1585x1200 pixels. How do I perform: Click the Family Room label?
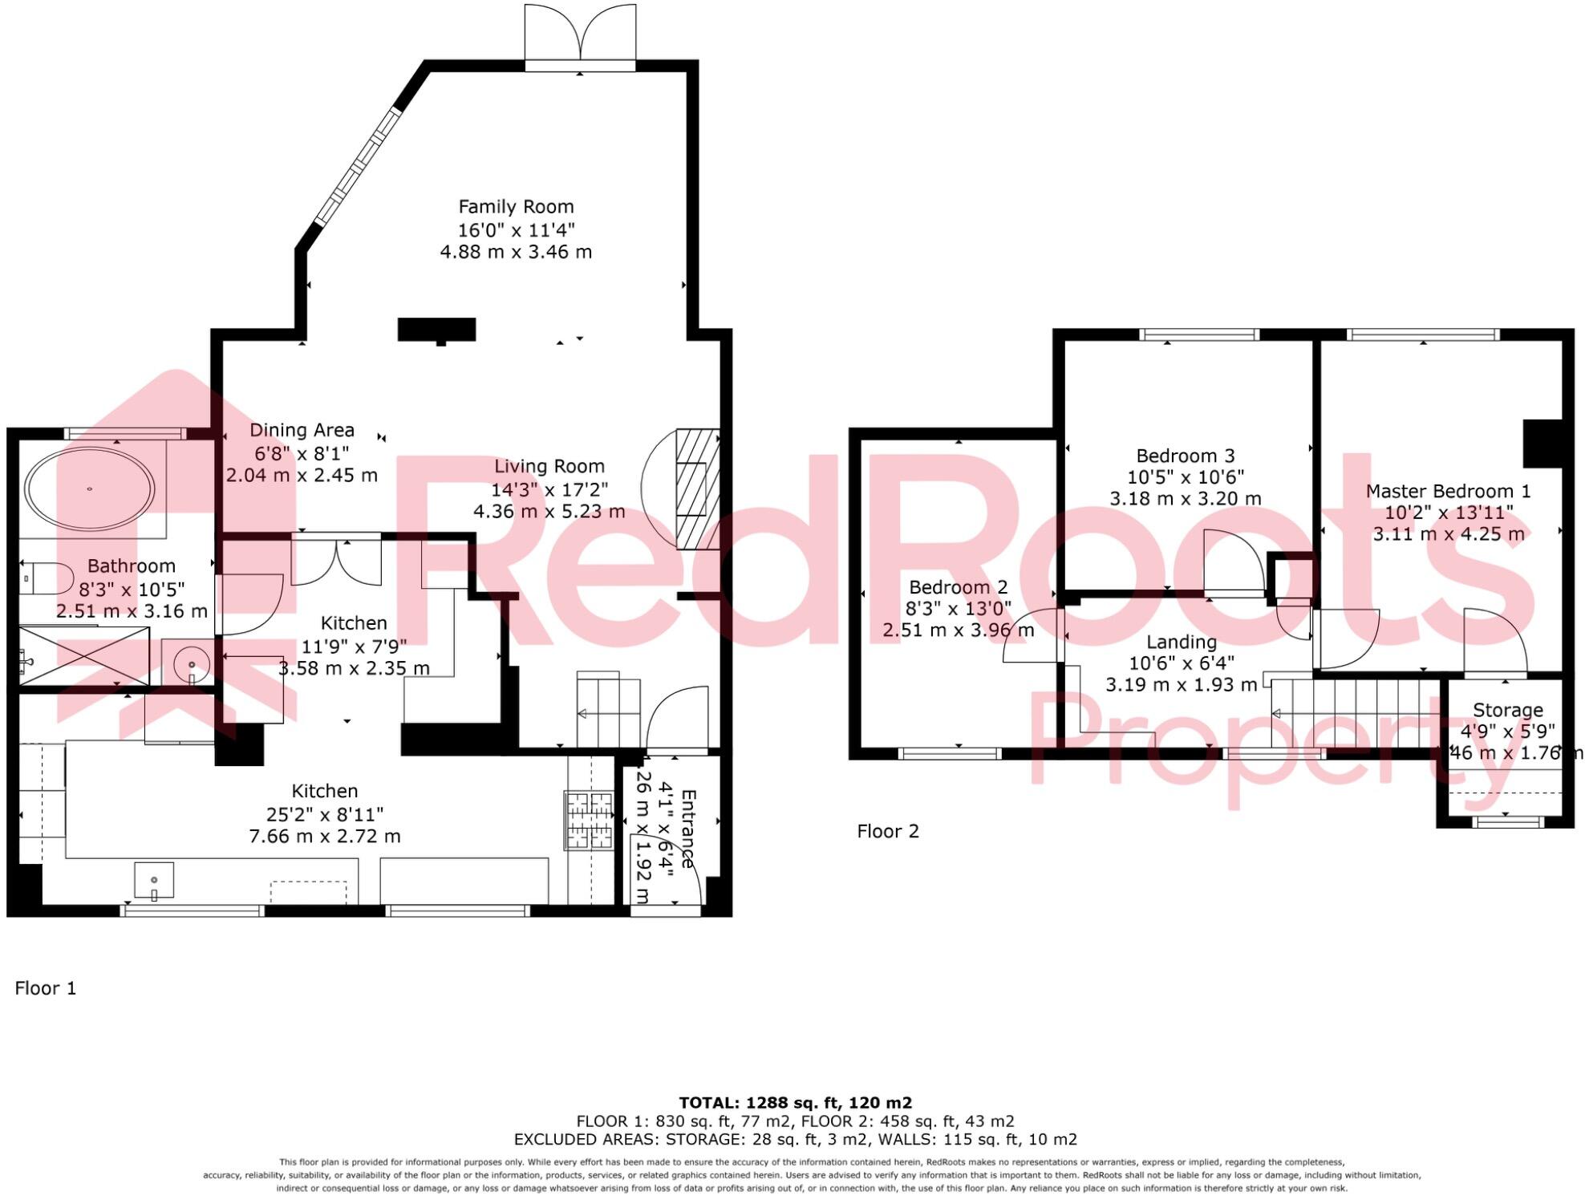point(516,207)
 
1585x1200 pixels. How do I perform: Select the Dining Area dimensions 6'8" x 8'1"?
point(302,453)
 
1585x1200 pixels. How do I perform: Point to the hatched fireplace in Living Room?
point(696,489)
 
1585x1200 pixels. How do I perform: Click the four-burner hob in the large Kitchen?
point(588,820)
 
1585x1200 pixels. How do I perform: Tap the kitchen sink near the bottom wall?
point(154,881)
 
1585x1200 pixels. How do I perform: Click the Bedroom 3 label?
point(1185,456)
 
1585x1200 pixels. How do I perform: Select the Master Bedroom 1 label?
point(1448,491)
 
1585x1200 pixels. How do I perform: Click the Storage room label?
point(1507,710)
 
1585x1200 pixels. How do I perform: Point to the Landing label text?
point(1181,642)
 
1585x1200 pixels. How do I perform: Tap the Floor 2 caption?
point(887,831)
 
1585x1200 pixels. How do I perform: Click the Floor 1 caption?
point(46,988)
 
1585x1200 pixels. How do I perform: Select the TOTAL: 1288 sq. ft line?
point(795,1103)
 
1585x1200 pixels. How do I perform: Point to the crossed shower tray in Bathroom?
point(83,657)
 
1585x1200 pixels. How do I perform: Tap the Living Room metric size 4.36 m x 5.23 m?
point(549,512)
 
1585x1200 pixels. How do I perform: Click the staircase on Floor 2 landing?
point(1356,713)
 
